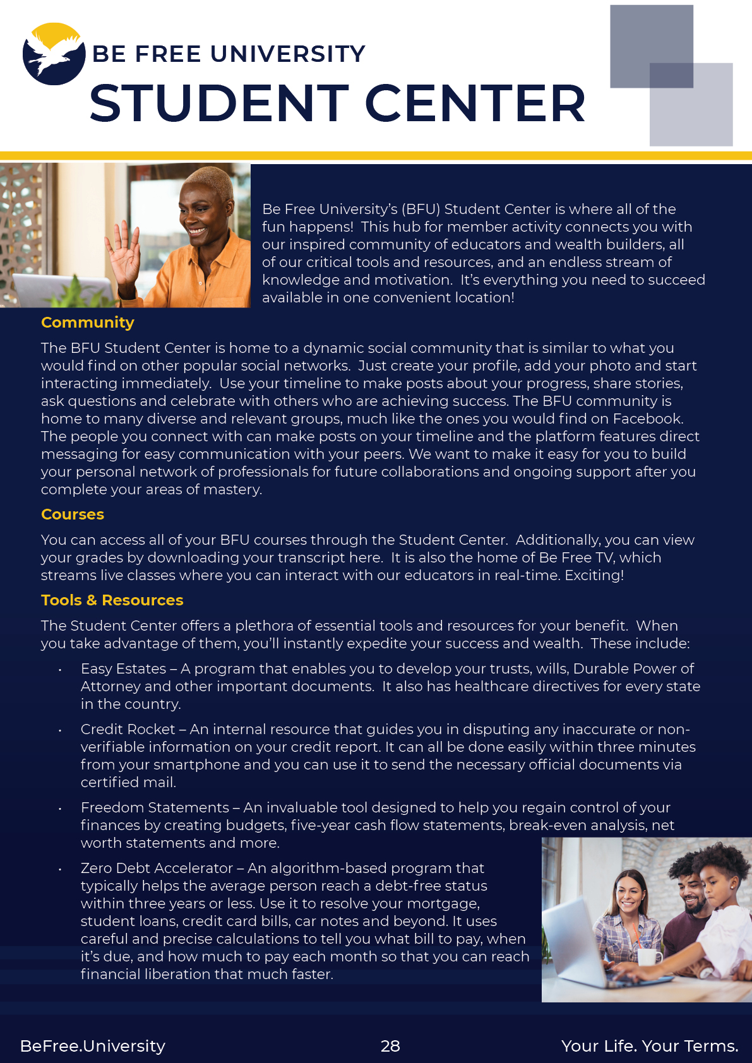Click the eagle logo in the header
click(x=54, y=54)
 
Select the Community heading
click(x=88, y=323)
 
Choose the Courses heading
click(x=73, y=514)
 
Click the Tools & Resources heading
click(x=112, y=600)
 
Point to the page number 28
click(x=390, y=1046)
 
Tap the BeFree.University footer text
click(x=93, y=1046)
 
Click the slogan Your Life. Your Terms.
click(x=650, y=1046)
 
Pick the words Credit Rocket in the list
click(x=128, y=729)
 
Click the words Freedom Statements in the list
click(x=155, y=807)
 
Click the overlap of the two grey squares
click(x=671, y=75)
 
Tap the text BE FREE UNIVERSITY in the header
click(x=229, y=54)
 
